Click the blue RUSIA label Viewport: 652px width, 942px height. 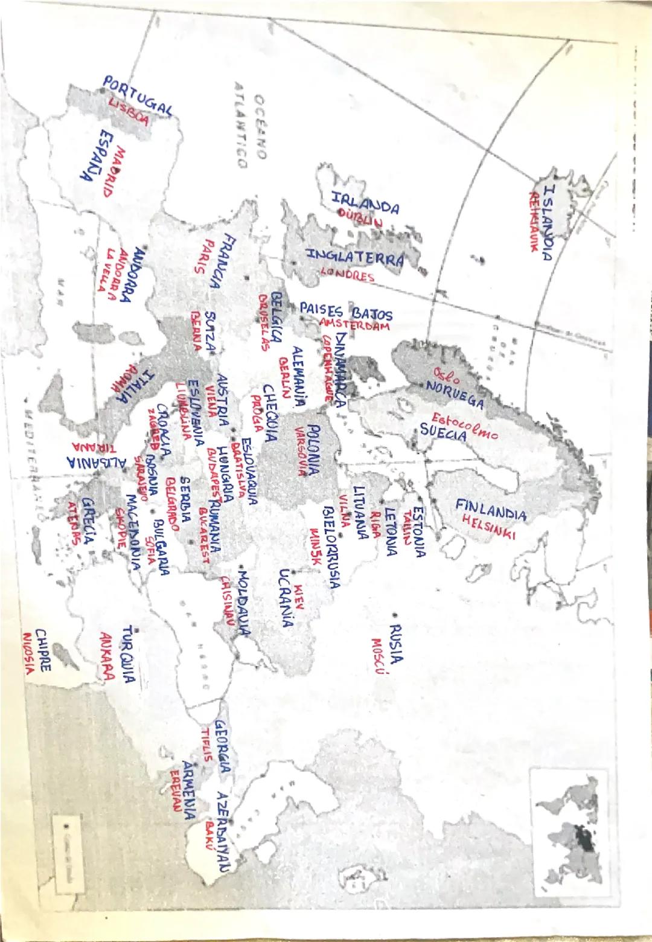coord(396,644)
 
